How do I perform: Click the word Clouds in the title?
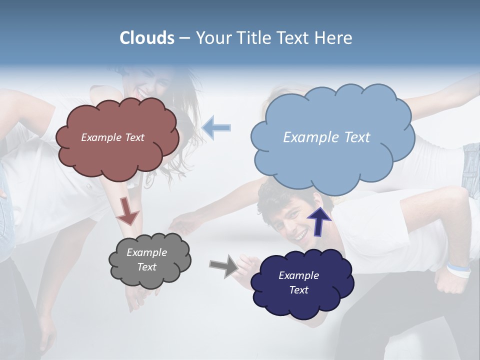pos(146,38)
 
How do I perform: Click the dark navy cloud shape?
pos(300,305)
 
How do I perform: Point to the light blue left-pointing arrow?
pos(216,127)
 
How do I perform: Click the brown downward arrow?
pos(127,211)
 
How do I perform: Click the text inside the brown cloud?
pos(112,137)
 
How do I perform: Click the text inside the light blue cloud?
pos(326,137)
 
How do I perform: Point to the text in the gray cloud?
pos(146,260)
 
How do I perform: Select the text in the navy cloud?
pos(298,282)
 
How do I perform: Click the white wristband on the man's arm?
pos(458,270)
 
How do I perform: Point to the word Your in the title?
pos(214,38)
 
